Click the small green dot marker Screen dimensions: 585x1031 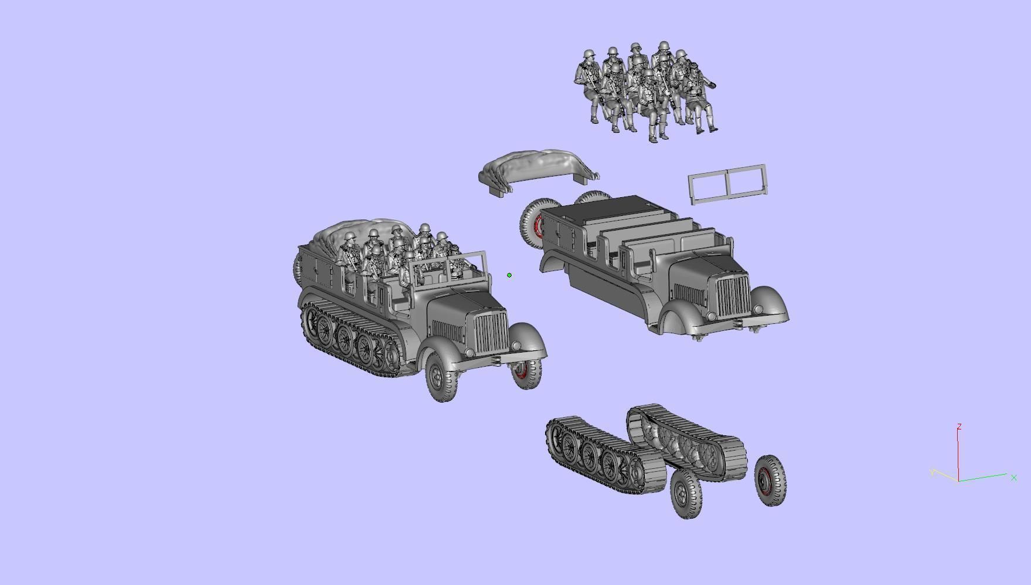pos(509,275)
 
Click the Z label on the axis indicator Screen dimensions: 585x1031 pos(959,427)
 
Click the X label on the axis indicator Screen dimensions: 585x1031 pos(1013,478)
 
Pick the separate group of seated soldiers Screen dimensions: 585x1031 pos(645,91)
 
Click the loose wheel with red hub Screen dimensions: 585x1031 pos(770,481)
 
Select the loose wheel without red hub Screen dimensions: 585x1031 pos(685,494)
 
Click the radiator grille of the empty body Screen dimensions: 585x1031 pos(733,296)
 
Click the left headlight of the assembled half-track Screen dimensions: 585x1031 pos(469,353)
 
